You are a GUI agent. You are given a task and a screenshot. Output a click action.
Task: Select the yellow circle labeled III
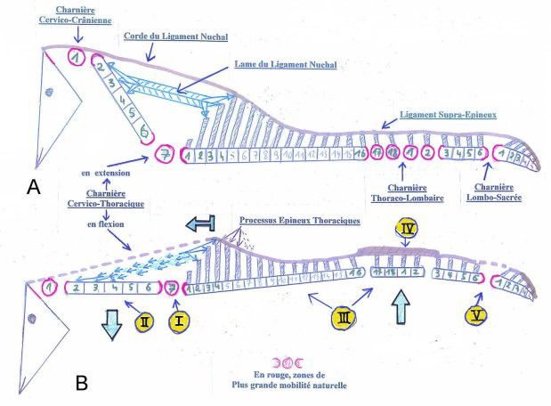pyautogui.click(x=344, y=316)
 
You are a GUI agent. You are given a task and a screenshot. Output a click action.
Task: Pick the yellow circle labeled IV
pyautogui.click(x=405, y=229)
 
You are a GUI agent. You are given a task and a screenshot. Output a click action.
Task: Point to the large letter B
pyautogui.click(x=81, y=383)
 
